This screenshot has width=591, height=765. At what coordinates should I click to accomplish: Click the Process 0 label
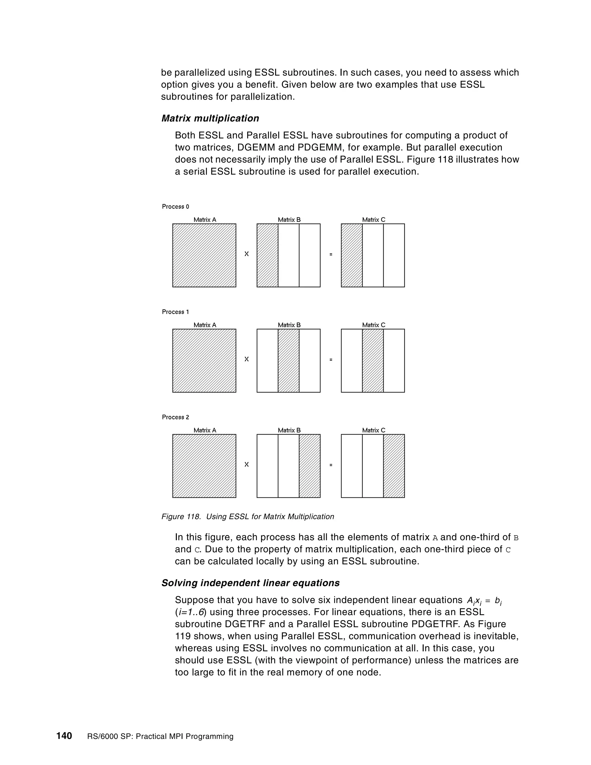click(175, 207)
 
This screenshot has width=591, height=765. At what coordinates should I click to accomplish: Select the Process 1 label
click(175, 312)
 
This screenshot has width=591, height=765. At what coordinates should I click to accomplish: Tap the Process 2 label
click(175, 417)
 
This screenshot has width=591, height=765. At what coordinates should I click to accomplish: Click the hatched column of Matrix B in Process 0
click(268, 255)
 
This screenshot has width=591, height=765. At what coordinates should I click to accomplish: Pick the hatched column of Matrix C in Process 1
click(373, 361)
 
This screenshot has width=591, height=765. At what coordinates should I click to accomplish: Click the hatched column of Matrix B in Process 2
click(310, 466)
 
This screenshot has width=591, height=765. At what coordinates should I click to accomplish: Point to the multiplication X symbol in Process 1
click(246, 359)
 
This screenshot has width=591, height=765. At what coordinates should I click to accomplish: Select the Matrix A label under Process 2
click(205, 430)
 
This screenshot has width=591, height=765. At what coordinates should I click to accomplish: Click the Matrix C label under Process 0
click(374, 220)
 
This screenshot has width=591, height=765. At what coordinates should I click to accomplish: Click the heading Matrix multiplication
click(210, 118)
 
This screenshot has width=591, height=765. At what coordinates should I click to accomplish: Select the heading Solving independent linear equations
click(250, 583)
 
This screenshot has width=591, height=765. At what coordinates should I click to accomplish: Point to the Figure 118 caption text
click(248, 517)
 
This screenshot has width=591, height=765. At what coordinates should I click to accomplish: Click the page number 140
click(64, 736)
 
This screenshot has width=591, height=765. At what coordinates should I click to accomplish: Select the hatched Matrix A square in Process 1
click(204, 361)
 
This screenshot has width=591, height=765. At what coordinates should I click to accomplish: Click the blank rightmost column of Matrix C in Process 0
click(394, 255)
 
